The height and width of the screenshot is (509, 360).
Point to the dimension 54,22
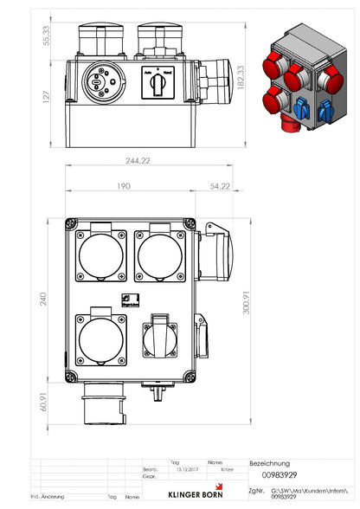218,185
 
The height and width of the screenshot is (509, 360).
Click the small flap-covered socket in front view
160,335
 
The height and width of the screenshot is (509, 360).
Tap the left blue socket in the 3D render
302,111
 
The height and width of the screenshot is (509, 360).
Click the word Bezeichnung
269,463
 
